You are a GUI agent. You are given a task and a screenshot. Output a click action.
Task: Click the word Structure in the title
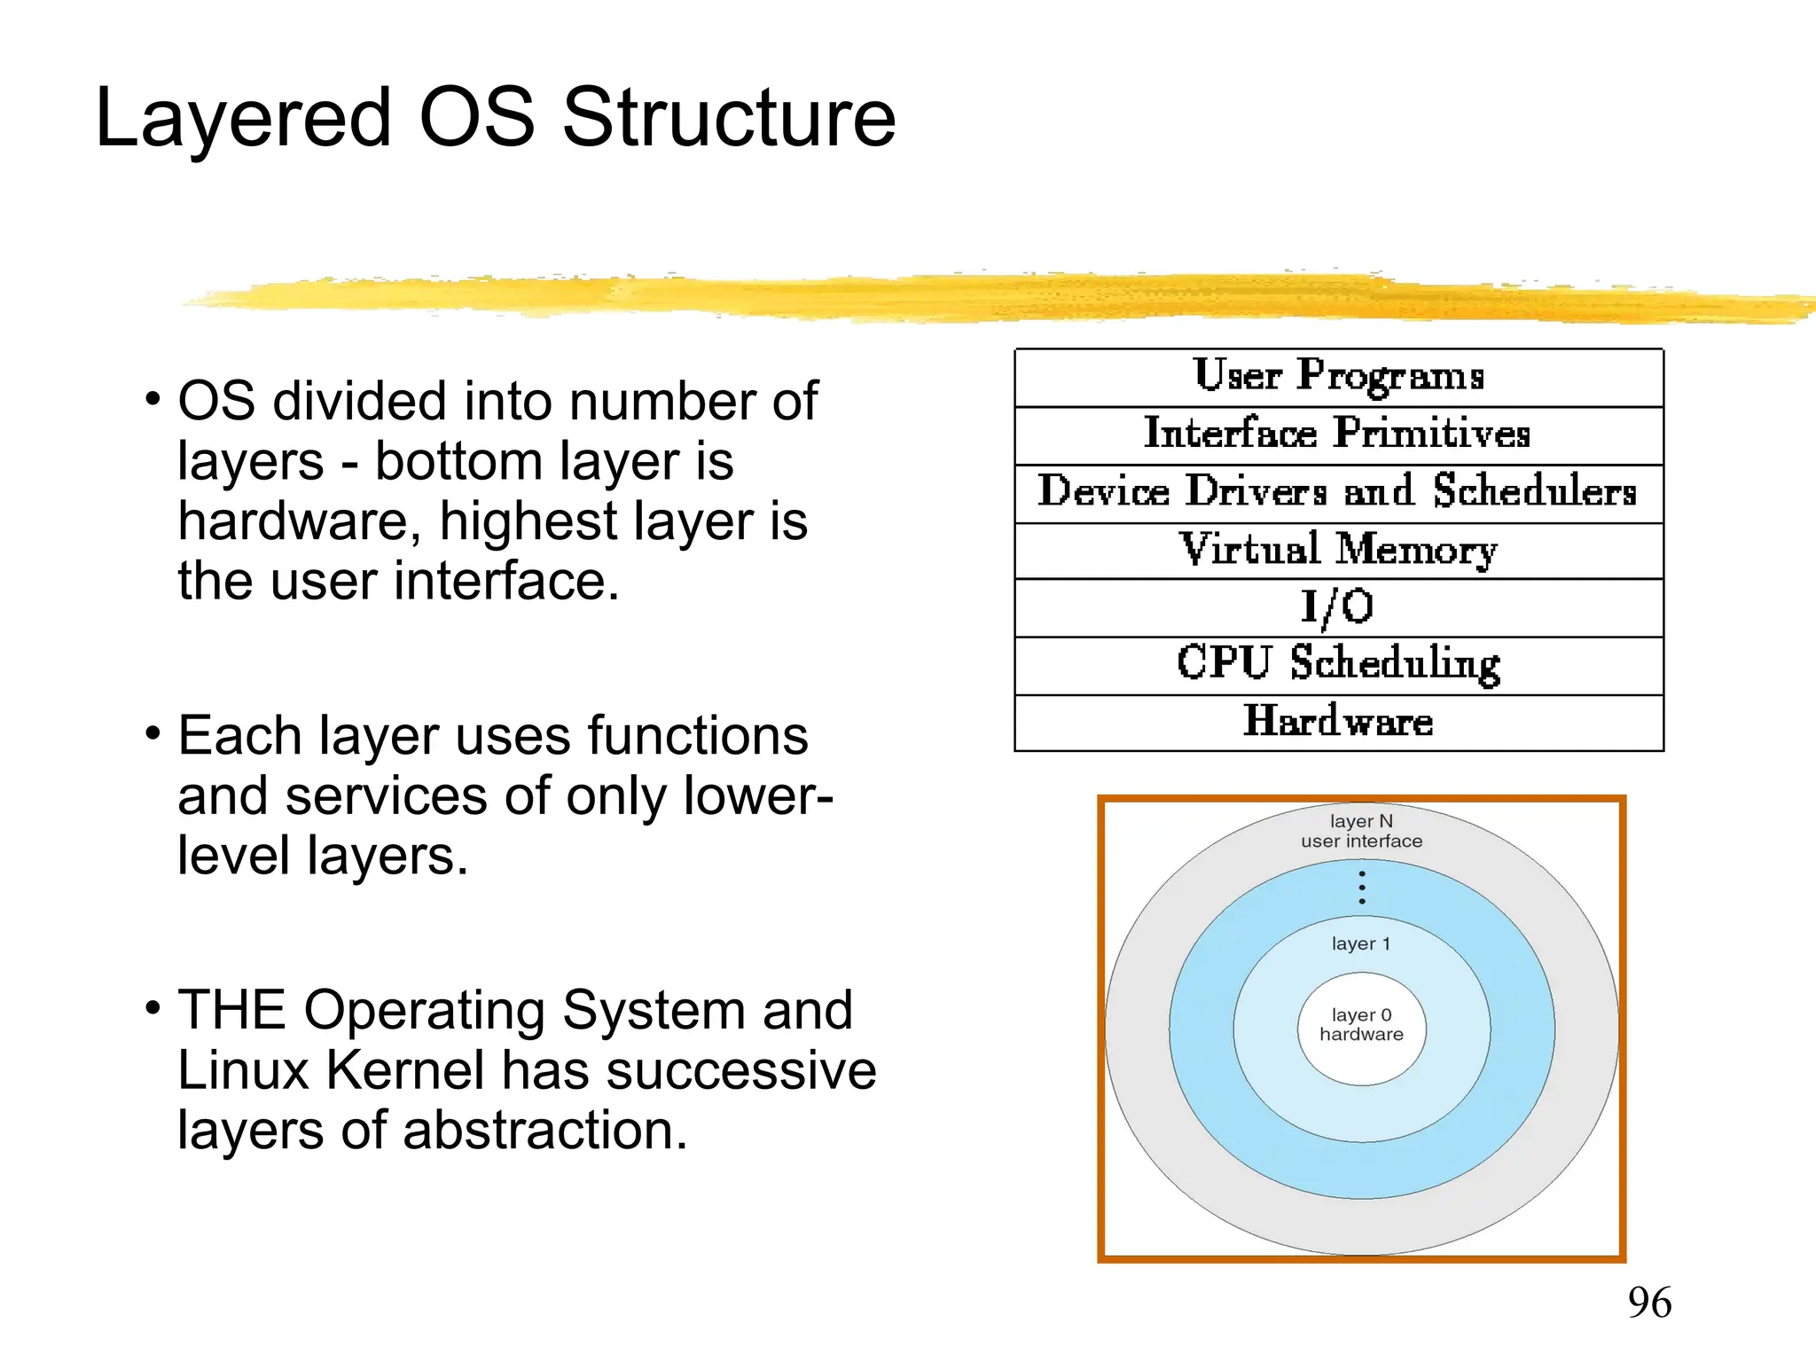tap(729, 118)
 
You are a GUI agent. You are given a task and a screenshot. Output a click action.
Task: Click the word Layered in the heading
tap(243, 118)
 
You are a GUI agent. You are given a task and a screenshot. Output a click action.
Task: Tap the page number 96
tap(1649, 1303)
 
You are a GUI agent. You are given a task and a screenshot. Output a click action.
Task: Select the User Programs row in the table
tap(1338, 376)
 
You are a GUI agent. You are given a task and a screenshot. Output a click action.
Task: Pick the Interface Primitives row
tap(1338, 434)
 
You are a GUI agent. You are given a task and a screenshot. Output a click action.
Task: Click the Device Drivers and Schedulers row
tap(1338, 492)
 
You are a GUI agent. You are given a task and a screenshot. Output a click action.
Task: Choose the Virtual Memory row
tap(1338, 550)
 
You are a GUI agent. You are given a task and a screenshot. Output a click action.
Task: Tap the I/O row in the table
tap(1338, 607)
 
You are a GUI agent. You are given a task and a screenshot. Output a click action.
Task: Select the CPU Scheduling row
tap(1338, 664)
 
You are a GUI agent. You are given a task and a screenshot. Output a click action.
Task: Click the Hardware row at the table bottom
tap(1338, 722)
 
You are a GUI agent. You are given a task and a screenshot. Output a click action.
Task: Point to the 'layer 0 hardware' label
tap(1361, 1025)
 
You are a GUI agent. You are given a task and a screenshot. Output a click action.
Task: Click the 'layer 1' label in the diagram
tap(1361, 943)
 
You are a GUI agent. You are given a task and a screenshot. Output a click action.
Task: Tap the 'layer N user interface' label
tap(1361, 831)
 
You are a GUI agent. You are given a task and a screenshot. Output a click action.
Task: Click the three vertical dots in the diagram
tap(1362, 888)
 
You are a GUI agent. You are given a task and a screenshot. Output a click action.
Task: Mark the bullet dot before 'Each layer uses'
tap(153, 734)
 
